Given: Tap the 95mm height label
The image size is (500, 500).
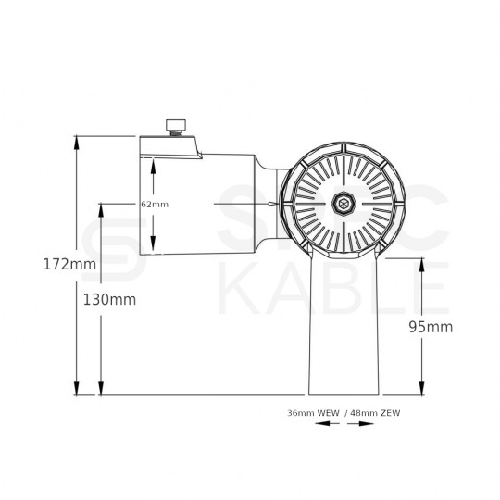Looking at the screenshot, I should click(432, 327).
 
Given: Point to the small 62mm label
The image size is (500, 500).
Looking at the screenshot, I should click(154, 204).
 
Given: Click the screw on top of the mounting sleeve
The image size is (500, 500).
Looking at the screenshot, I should click(175, 125).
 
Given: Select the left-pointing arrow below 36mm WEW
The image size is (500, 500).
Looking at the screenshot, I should click(321, 425).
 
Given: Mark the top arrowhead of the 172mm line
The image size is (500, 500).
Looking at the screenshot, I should click(75, 142).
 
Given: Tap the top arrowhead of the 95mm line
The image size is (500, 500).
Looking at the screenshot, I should click(422, 266).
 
